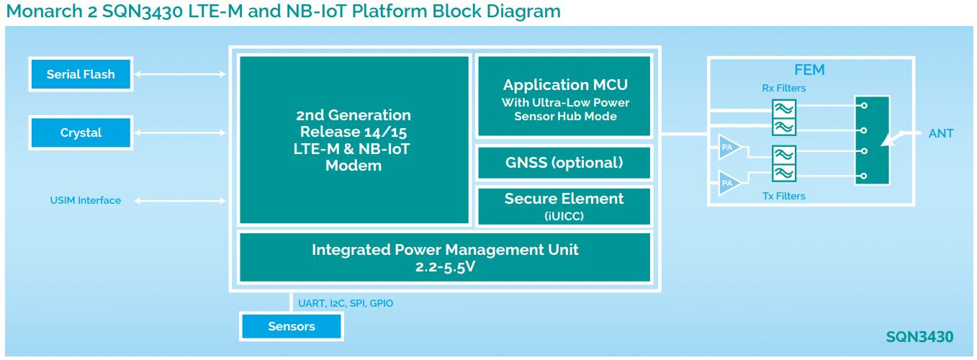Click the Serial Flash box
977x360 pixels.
(81, 74)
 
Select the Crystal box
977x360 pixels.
(81, 133)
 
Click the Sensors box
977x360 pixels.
(292, 327)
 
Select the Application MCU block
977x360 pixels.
(564, 97)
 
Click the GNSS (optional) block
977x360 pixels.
(564, 163)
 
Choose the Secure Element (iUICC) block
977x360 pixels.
(564, 206)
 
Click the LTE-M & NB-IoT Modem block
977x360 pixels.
(354, 140)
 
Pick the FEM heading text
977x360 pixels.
(809, 71)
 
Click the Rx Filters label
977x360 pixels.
(784, 89)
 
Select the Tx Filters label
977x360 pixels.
(784, 196)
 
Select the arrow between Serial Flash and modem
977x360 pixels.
(181, 74)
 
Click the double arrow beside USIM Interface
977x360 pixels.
(181, 200)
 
